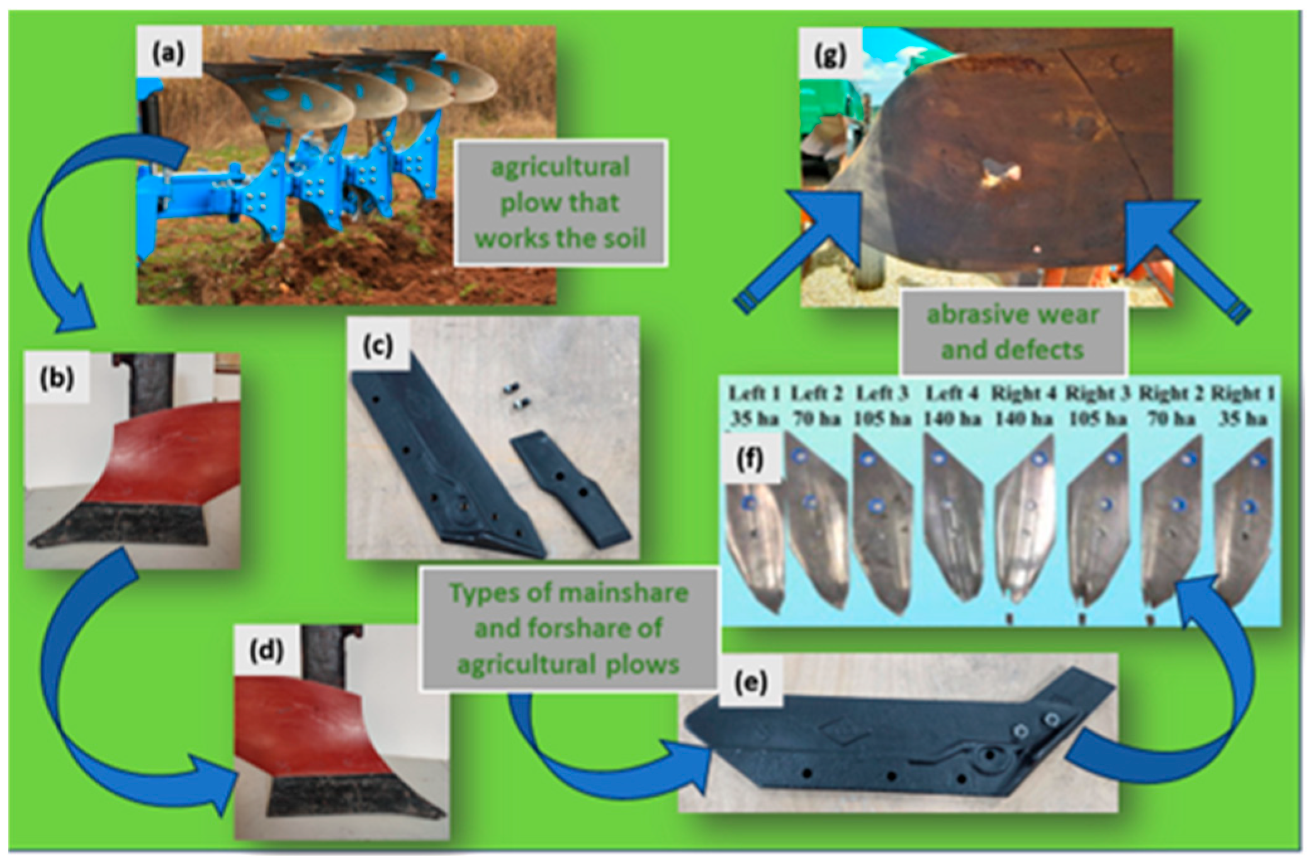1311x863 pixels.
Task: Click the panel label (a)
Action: tap(169, 54)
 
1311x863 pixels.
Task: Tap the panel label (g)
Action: tap(830, 56)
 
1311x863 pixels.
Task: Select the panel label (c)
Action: tap(378, 346)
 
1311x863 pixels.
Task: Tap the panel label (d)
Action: tap(265, 651)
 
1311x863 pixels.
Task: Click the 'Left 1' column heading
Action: tap(754, 394)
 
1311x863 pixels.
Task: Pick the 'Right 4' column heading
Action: tap(1023, 394)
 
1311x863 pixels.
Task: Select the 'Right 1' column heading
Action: tap(1243, 394)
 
